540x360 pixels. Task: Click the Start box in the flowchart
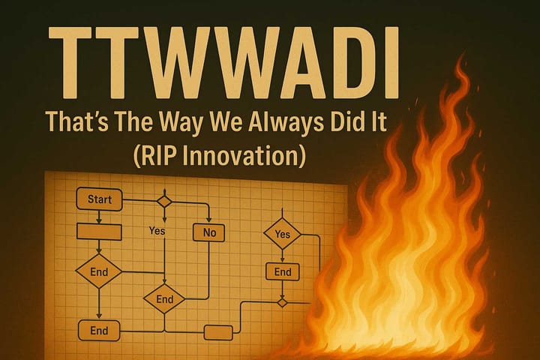coord(100,199)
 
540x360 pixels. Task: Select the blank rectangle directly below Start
coord(100,232)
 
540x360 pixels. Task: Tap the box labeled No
coord(209,232)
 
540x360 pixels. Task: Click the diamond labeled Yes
coord(282,235)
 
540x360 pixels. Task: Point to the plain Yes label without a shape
coord(157,231)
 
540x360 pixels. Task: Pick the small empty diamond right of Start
coord(163,201)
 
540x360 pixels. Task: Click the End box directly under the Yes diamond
coord(283,271)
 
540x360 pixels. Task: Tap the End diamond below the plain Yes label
coord(164,298)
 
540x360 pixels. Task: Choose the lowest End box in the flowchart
coord(99,330)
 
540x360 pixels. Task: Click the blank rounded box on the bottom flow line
coord(218,331)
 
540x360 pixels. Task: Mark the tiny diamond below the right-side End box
coord(282,302)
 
